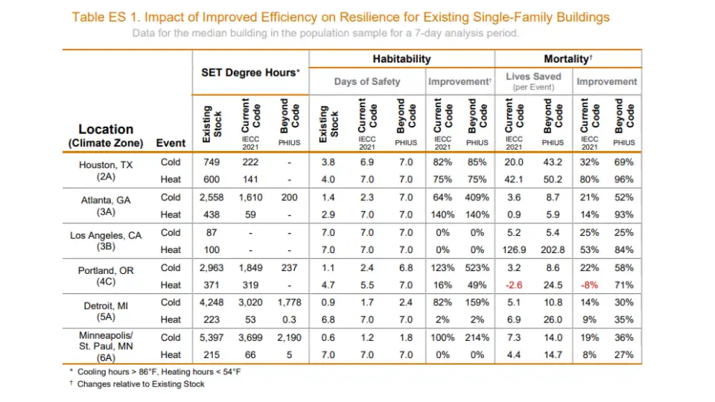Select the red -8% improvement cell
[588, 284]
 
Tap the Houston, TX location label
[106, 165]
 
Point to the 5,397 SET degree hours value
[213, 338]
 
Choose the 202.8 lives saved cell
[551, 249]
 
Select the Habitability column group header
[401, 59]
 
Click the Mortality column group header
[568, 59]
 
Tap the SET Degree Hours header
[250, 72]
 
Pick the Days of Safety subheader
[367, 81]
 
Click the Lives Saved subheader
[533, 77]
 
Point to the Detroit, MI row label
[106, 305]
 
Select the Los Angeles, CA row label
[106, 235]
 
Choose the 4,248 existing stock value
[213, 302]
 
